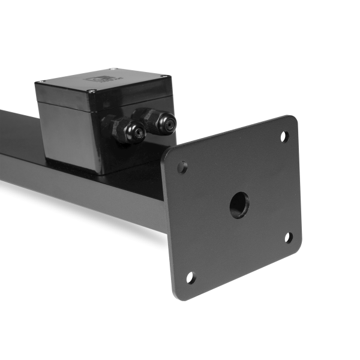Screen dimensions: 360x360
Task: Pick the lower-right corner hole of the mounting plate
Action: [x=289, y=238]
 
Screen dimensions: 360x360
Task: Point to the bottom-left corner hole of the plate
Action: [x=191, y=277]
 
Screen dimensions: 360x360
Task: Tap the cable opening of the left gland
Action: [x=137, y=133]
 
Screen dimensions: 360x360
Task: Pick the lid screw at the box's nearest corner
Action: [x=91, y=92]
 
